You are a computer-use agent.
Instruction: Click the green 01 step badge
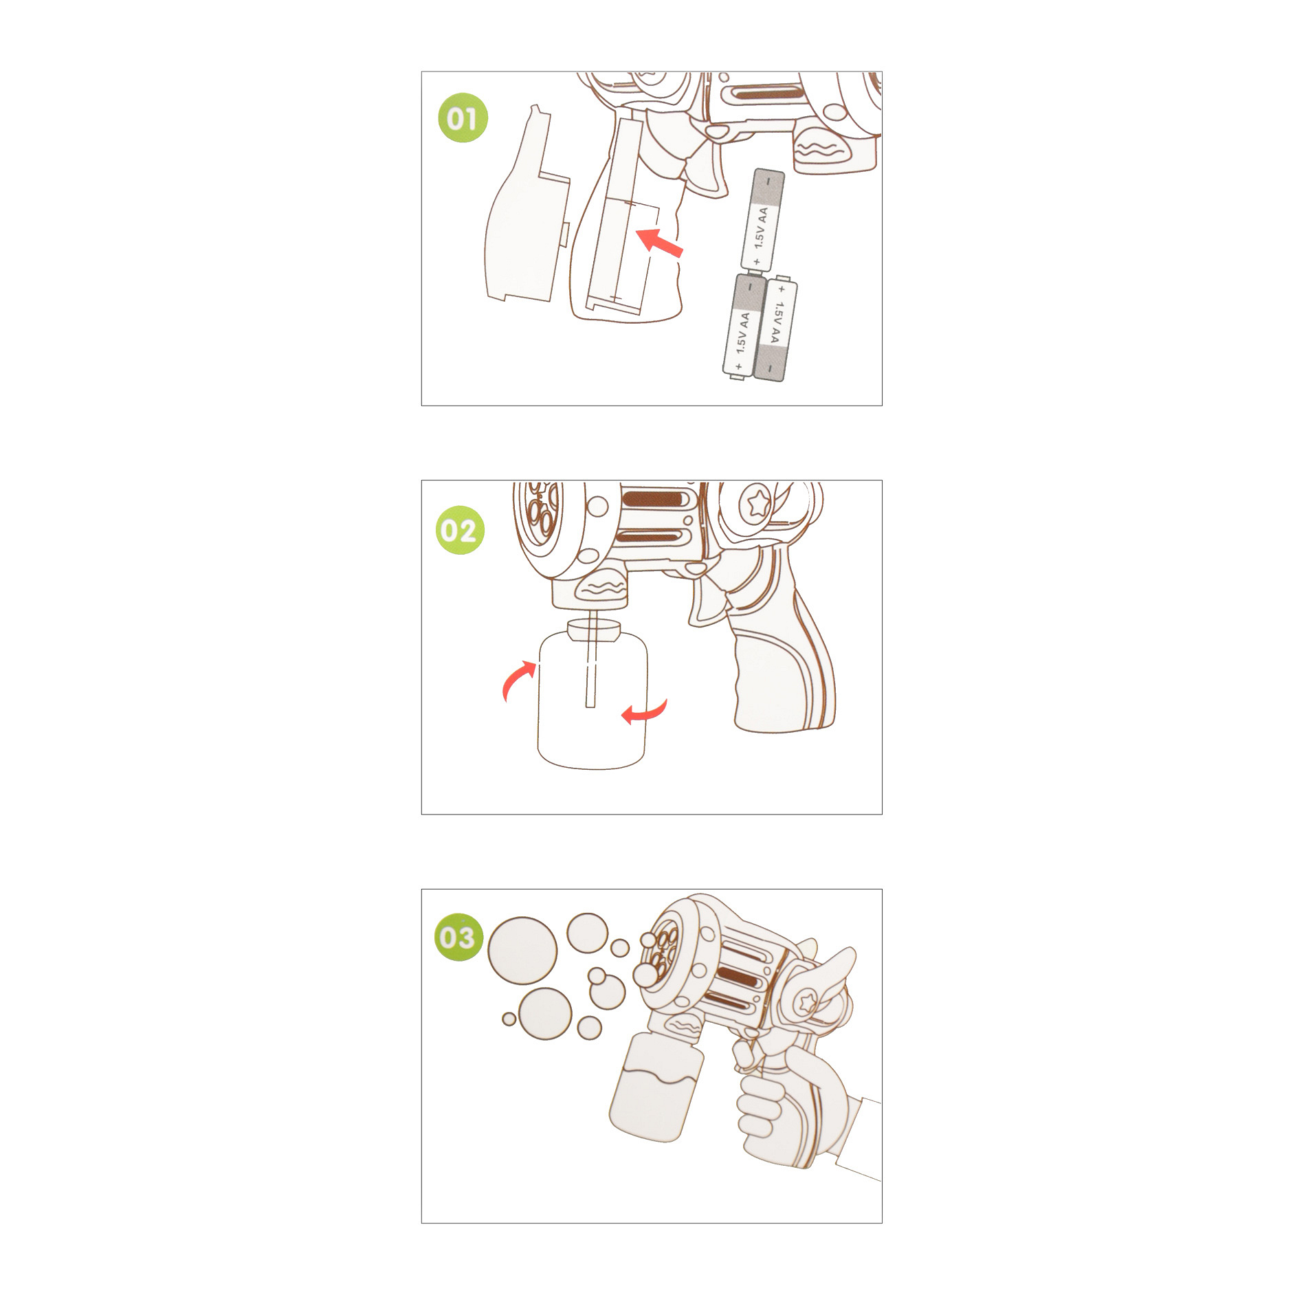[463, 118]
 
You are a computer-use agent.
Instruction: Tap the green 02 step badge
[460, 530]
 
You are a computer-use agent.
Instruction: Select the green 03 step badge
[459, 937]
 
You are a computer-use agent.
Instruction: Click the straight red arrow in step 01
[659, 242]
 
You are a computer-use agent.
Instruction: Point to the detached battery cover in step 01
[528, 206]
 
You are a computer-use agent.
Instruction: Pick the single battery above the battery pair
[762, 219]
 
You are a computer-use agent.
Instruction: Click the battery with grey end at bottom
[775, 328]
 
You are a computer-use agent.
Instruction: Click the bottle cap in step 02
[594, 629]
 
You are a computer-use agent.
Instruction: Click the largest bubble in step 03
[522, 951]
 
